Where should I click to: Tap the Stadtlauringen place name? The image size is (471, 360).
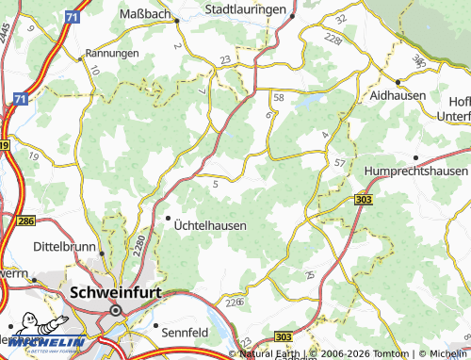pos(246,9)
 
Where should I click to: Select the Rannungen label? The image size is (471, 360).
pos(112,54)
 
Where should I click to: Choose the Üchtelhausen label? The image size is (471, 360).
pos(211,226)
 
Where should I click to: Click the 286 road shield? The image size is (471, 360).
pos(25,220)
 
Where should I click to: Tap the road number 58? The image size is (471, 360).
pos(278,97)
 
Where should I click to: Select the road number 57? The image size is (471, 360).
pos(339,163)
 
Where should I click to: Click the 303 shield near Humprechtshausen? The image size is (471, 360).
pos(365,200)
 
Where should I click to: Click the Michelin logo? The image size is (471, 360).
pos(42,340)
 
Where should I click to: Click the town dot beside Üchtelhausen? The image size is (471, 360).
pos(169,219)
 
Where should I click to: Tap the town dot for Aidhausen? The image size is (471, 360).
pos(398,82)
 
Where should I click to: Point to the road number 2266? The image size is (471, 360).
pos(235,302)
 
